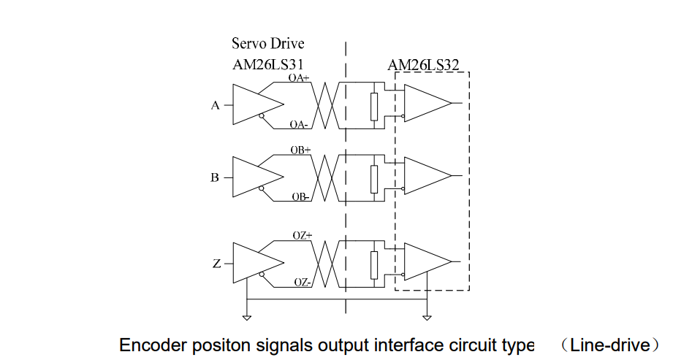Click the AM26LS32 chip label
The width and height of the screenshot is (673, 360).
[x=423, y=66]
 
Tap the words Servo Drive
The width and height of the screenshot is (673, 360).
[x=267, y=44]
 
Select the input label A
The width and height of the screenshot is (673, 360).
[x=215, y=105]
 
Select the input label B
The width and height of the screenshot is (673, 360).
[x=215, y=177]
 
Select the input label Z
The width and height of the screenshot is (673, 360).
[x=216, y=264]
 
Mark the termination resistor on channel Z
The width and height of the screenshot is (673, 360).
[x=374, y=264]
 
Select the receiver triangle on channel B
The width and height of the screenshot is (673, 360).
[x=425, y=176]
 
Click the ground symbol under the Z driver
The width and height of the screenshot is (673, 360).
[x=247, y=317]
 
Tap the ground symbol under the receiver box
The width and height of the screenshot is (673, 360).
[x=426, y=317]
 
